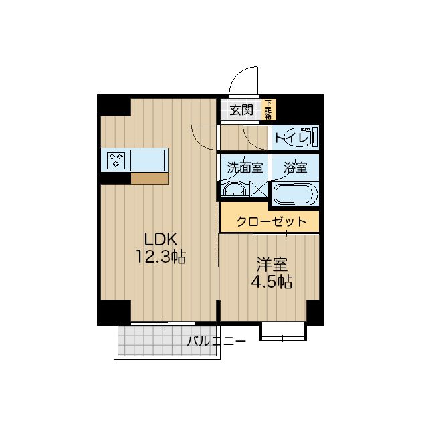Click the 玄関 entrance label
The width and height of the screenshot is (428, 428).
pyautogui.click(x=241, y=110)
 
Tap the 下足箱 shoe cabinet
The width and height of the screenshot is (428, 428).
pyautogui.click(x=269, y=110)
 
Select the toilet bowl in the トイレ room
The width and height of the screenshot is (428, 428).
pyautogui.click(x=298, y=138)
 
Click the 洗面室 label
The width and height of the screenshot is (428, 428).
pyautogui.click(x=245, y=167)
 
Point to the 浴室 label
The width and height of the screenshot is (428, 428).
pyautogui.click(x=296, y=167)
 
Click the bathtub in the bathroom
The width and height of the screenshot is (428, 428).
pyautogui.click(x=296, y=194)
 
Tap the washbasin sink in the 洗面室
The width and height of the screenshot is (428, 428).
pyautogui.click(x=235, y=189)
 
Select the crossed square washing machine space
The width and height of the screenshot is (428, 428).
pyautogui.click(x=258, y=189)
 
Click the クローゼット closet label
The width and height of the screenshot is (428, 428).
pyautogui.click(x=272, y=221)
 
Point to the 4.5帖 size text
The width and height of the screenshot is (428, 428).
pyautogui.click(x=272, y=282)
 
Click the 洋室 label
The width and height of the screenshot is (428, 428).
pyautogui.click(x=272, y=264)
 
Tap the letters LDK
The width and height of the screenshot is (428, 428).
pyautogui.click(x=160, y=240)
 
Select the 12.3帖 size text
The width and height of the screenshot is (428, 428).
pyautogui.click(x=160, y=257)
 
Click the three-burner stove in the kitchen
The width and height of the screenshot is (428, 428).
pyautogui.click(x=116, y=160)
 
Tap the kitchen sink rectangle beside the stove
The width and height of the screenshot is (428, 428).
pyautogui.click(x=147, y=160)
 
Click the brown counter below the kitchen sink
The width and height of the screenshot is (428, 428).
pyautogui.click(x=149, y=179)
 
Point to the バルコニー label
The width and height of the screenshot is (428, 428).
pyautogui.click(x=216, y=341)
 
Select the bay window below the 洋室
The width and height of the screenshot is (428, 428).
pyautogui.click(x=282, y=331)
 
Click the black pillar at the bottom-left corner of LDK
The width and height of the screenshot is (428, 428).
pyautogui.click(x=114, y=312)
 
